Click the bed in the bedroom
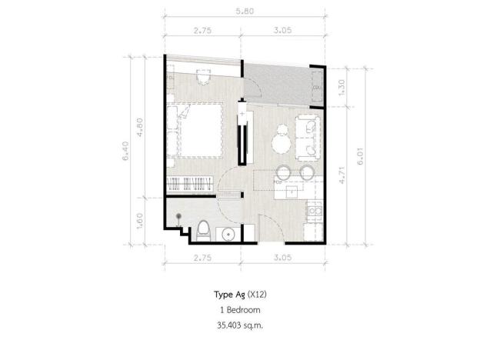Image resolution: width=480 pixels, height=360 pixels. tap(198, 128)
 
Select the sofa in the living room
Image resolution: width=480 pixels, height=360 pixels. tap(307, 135)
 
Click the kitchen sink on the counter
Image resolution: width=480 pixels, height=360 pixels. tap(292, 190)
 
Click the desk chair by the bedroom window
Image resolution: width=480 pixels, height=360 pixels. tap(202, 76)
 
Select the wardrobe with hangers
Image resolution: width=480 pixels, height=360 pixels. tap(190, 184)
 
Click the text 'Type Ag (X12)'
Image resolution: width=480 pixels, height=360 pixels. tap(239, 294)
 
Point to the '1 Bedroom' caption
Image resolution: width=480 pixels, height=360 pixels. tap(239, 309)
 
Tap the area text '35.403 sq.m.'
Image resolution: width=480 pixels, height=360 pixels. tap(239, 325)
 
